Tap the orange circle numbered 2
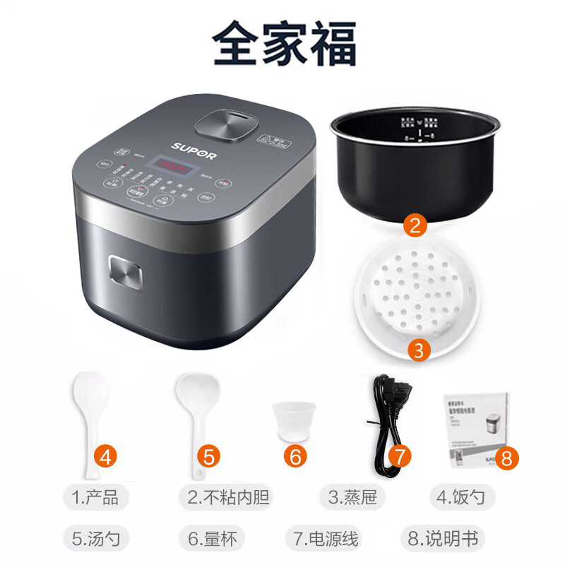click(416, 226)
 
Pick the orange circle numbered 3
click(419, 349)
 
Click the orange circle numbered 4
click(107, 456)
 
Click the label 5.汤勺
click(100, 539)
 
